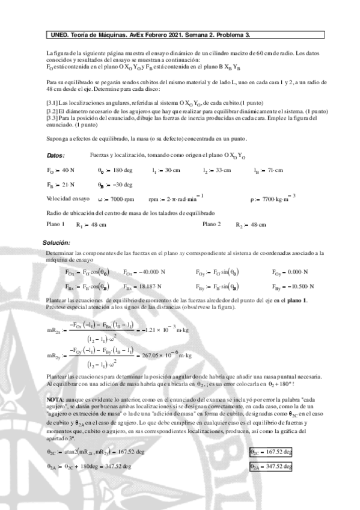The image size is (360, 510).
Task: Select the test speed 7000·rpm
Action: click(x=122, y=199)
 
